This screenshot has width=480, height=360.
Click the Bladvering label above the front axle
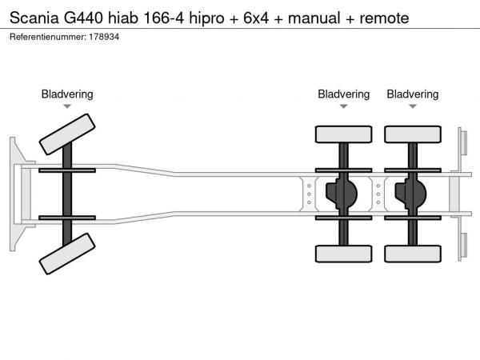tap(67, 94)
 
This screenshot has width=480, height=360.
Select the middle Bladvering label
tap(343, 94)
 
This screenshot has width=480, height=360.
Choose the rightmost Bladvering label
tap(412, 94)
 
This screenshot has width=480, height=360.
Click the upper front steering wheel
tap(67, 134)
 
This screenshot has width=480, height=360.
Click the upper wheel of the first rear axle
tap(343, 134)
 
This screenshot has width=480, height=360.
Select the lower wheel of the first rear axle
tap(343, 254)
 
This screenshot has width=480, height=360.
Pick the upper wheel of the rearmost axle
tap(412, 134)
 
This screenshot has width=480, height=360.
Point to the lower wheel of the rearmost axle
tap(412, 254)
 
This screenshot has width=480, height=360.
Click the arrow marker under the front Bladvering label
tap(67, 106)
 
